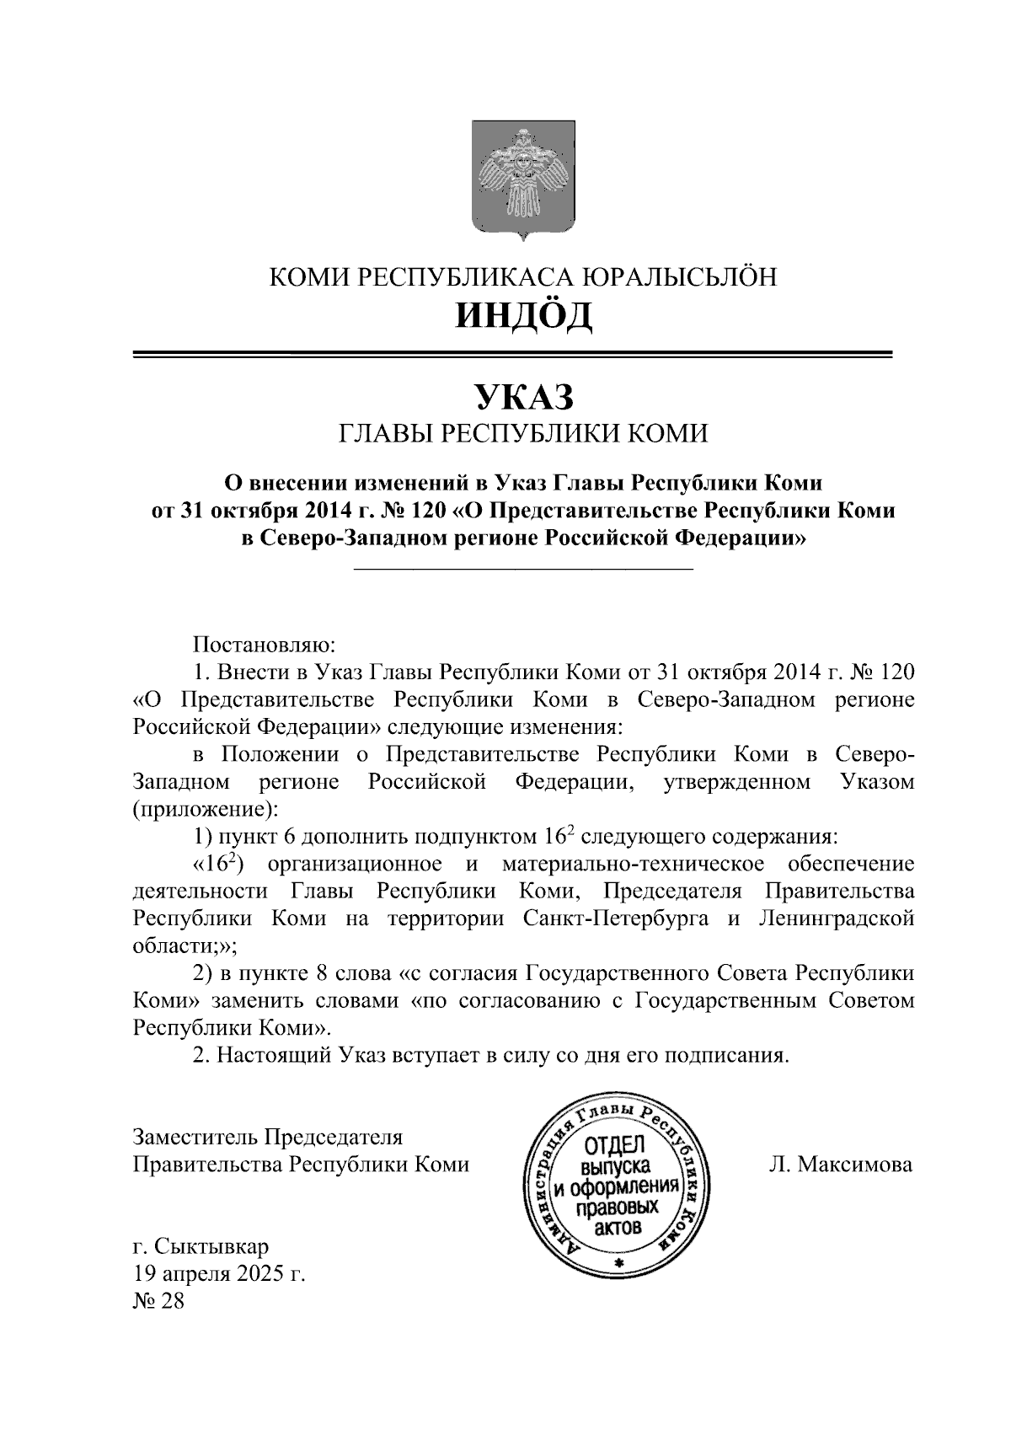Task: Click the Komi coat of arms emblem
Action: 523,179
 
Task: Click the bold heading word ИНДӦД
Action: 523,314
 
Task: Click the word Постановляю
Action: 265,645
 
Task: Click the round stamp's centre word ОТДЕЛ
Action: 614,1147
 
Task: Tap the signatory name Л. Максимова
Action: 840,1165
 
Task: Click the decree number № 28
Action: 158,1300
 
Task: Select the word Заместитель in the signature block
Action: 195,1137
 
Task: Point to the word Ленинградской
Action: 836,919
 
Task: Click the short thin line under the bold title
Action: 523,571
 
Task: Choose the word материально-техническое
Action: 633,864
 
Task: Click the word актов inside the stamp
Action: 618,1227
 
